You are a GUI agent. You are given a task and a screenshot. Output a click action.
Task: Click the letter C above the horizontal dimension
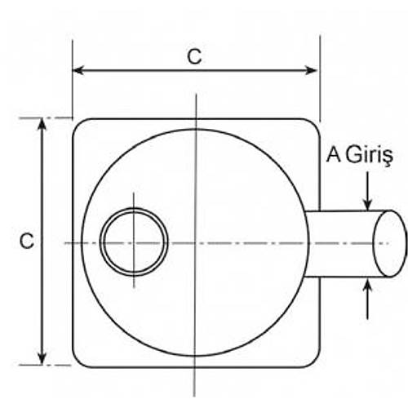[194, 56]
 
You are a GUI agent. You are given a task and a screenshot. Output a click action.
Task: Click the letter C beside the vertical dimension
[27, 241]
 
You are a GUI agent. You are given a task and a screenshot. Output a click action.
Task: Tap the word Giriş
[370, 156]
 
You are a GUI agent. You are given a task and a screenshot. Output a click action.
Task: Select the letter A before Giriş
[334, 154]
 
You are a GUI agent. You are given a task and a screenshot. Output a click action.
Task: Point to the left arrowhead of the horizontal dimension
[78, 70]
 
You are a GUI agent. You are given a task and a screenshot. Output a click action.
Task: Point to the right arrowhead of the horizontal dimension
[312, 70]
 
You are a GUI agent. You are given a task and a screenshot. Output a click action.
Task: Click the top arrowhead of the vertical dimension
[42, 124]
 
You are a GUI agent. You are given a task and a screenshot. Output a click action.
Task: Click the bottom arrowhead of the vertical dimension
[42, 359]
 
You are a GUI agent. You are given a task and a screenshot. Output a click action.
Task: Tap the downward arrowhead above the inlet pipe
[368, 205]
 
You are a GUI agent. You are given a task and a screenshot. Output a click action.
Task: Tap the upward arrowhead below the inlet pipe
[368, 283]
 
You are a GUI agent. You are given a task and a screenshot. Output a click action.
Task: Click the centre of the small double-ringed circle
[134, 242]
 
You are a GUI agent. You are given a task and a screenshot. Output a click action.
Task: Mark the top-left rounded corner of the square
[78, 124]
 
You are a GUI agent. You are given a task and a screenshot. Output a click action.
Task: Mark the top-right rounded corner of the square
[314, 124]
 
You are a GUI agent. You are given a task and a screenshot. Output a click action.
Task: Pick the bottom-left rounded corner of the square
[78, 362]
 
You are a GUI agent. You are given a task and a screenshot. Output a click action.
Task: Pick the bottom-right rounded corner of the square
[314, 362]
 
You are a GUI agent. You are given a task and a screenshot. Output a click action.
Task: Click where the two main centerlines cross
[196, 243]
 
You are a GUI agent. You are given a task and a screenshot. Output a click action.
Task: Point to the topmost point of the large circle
[196, 129]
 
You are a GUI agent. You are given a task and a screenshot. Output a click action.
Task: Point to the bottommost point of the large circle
[196, 356]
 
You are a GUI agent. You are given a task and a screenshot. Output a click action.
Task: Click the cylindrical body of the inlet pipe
[340, 243]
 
